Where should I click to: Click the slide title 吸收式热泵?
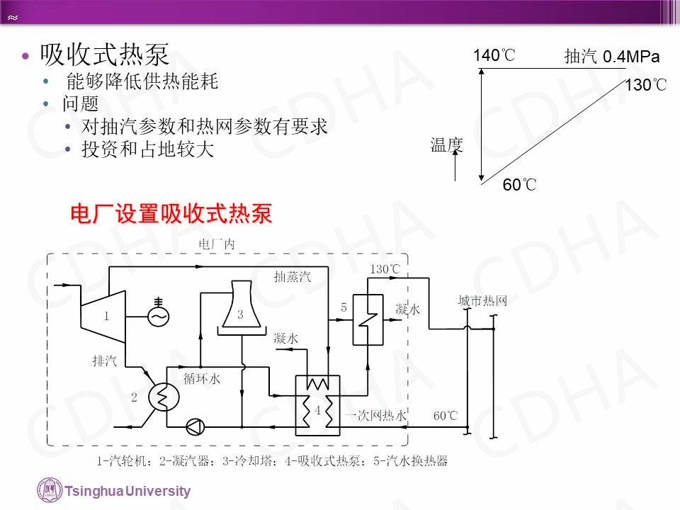pos(104,54)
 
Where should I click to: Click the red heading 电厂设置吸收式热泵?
pos(171,213)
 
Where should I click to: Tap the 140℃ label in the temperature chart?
pos(494,55)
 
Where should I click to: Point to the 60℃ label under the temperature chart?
pos(519,186)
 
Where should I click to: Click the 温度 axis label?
pos(446,146)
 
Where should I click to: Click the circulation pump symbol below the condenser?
pos(193,426)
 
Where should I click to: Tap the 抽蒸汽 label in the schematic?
pos(292,276)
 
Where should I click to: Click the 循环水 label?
pos(202,378)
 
